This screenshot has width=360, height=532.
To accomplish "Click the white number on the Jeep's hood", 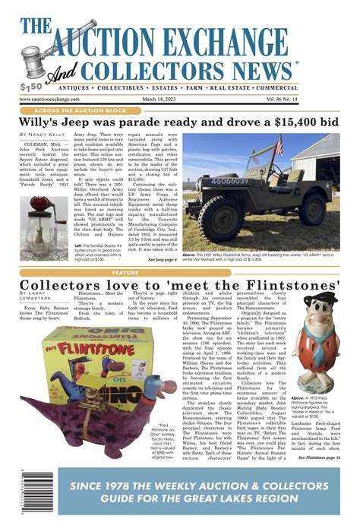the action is coord(227,180).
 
